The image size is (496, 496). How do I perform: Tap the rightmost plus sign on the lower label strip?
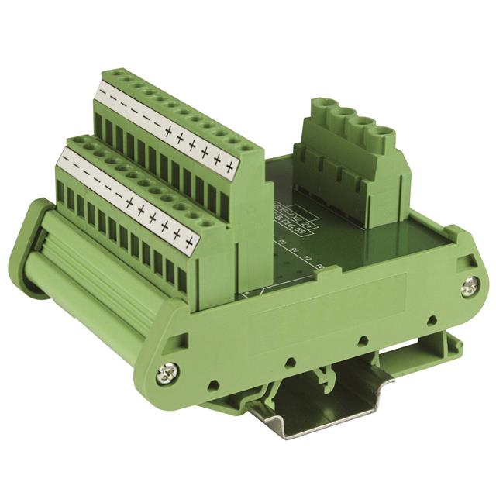click(188, 243)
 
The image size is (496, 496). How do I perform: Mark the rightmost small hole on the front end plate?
click(429, 319)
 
